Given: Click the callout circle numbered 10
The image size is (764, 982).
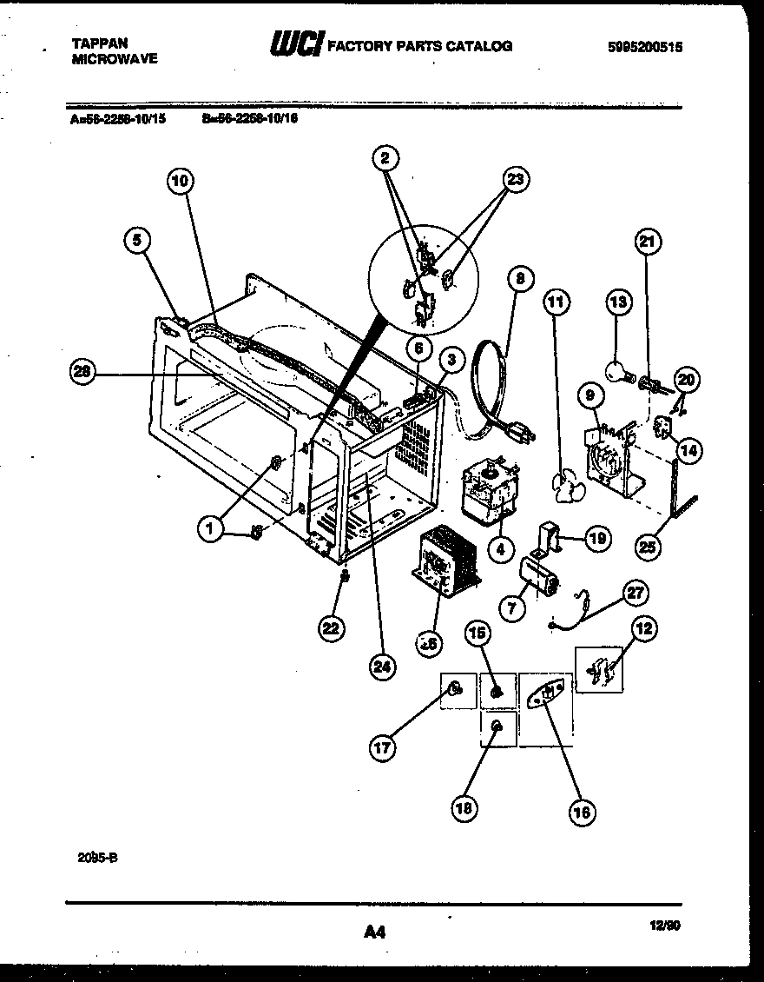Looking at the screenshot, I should pyautogui.click(x=180, y=181).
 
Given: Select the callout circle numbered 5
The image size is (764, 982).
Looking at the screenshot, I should pyautogui.click(x=137, y=241).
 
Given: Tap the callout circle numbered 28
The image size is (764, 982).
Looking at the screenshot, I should pyautogui.click(x=83, y=372).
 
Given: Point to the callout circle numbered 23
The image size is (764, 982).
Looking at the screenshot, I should pyautogui.click(x=516, y=181).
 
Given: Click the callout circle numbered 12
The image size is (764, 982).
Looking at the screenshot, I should pyautogui.click(x=645, y=629).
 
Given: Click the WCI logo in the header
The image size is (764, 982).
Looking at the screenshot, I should pyautogui.click(x=296, y=43).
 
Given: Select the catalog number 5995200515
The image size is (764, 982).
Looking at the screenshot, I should pyautogui.click(x=644, y=49).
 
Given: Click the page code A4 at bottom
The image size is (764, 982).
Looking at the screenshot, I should pyautogui.click(x=374, y=932).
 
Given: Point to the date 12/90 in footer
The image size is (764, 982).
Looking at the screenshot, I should pyautogui.click(x=666, y=928).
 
